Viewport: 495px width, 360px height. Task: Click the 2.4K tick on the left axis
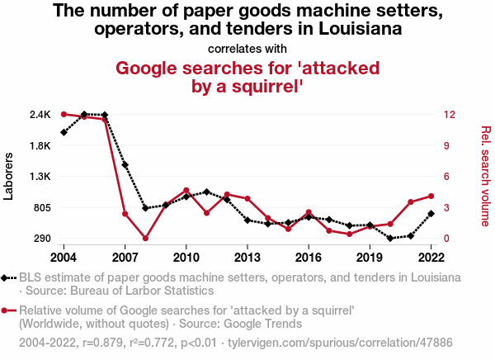[40, 114]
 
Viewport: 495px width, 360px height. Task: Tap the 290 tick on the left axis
[42, 239]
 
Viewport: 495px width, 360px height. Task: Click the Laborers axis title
[10, 176]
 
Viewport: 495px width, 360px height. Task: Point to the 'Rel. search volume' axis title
[485, 176]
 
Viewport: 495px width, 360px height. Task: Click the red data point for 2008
[145, 239]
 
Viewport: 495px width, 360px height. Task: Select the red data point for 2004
[64, 114]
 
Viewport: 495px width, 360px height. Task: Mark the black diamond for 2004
[64, 132]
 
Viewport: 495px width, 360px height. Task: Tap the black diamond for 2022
[431, 214]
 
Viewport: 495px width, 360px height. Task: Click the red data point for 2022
[431, 197]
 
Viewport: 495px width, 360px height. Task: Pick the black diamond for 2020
[390, 238]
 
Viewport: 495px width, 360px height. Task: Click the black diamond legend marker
[7, 278]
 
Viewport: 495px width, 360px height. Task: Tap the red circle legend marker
[7, 310]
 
